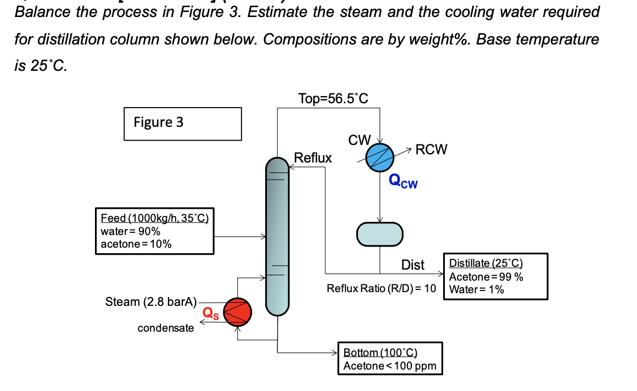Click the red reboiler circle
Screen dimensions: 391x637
pos(237,312)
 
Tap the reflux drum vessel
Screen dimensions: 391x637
pos(380,233)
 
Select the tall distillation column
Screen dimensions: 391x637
pos(277,236)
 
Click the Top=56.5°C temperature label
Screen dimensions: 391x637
pos(333,99)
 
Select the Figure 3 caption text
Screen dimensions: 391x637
pos(159,122)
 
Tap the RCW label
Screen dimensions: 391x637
pos(432,149)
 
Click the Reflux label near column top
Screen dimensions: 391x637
pos(313,158)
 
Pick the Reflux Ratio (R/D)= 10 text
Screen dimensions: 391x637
pos(381,288)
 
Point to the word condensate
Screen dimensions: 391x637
pos(165,328)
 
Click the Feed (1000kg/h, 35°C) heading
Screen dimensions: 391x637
pos(154,218)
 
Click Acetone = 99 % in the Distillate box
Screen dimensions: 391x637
pos(486,277)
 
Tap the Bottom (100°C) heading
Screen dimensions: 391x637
pos(381,353)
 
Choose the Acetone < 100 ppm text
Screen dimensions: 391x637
pos(389,366)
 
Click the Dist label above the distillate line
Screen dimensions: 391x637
pos(413,265)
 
